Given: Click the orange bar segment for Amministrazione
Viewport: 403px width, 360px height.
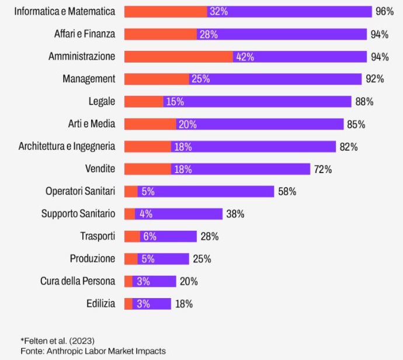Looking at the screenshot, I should [x=178, y=57].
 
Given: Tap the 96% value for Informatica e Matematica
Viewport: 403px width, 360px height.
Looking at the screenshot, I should [x=385, y=12].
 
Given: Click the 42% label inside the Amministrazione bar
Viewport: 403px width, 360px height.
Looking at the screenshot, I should [x=244, y=57].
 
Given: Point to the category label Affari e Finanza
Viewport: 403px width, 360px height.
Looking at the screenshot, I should [x=85, y=34].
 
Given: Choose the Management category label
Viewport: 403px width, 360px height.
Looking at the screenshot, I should [x=89, y=79].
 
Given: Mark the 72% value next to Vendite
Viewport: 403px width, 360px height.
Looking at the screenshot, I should [x=322, y=169].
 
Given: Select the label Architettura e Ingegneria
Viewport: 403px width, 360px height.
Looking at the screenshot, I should [x=67, y=147].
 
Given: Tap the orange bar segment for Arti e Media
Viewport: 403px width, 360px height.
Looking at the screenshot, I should [x=150, y=124].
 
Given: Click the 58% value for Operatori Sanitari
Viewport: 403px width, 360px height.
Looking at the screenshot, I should [x=287, y=192].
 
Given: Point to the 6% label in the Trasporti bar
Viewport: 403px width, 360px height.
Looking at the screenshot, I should [x=150, y=236].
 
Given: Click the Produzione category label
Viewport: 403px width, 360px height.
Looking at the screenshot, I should [x=92, y=259].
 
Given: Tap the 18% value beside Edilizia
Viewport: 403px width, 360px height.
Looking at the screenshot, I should [x=183, y=304].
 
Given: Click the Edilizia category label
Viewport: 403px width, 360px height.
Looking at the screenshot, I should [x=100, y=304].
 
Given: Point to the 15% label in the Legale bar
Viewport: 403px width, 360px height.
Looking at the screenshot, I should [x=175, y=102].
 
